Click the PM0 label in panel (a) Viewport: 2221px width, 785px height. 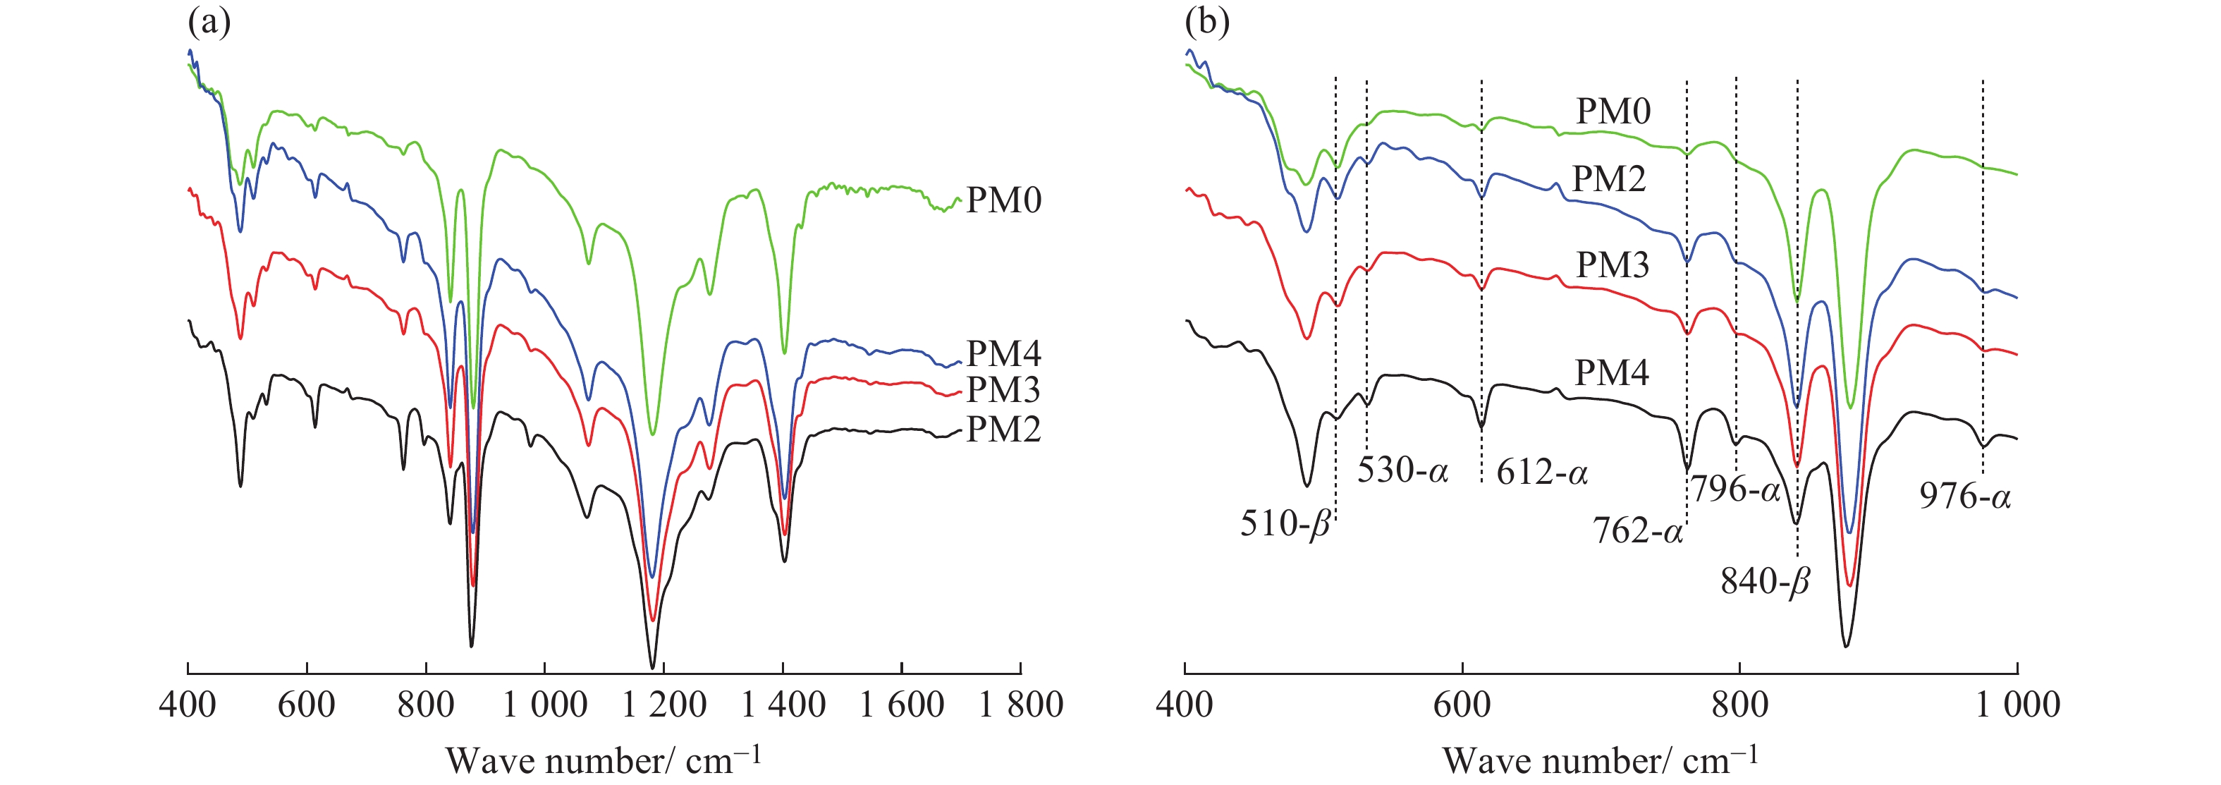tap(1003, 200)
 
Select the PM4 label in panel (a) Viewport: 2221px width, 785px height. tap(1003, 353)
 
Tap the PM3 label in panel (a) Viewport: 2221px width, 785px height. tap(1003, 390)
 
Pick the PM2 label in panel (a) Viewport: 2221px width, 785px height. tap(1003, 430)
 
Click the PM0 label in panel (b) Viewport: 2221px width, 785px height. tap(1613, 111)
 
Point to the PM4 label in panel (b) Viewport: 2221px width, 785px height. tap(1611, 372)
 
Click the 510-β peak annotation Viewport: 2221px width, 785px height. tap(1285, 523)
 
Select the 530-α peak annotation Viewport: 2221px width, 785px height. tap(1403, 470)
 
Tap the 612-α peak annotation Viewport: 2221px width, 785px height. tap(1541, 473)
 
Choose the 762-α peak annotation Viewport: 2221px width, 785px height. tap(1637, 530)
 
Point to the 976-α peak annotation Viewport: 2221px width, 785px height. tap(1965, 496)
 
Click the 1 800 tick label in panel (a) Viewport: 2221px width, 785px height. tap(1021, 705)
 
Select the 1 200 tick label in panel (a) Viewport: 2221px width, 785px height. tap(664, 705)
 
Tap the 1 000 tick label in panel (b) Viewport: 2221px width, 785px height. tap(2017, 705)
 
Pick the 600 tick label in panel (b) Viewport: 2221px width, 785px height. tap(1462, 705)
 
